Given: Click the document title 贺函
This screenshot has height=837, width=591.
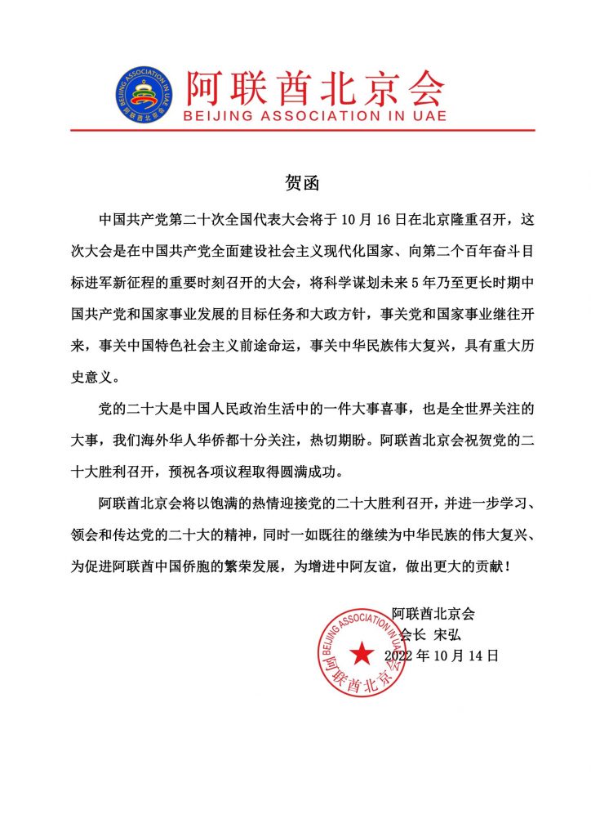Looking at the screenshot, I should tap(296, 181).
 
